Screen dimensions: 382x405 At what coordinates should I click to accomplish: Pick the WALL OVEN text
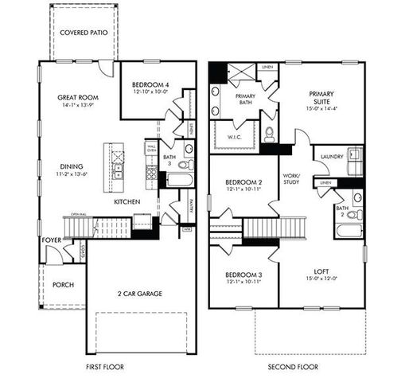[x=151, y=148]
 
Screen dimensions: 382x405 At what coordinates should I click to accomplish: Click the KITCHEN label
[x=127, y=202]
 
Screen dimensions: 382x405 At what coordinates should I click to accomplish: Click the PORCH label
[x=63, y=285]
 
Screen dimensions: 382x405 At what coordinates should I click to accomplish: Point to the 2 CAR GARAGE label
[x=141, y=294]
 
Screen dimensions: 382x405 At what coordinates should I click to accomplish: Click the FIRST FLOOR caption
[x=106, y=367]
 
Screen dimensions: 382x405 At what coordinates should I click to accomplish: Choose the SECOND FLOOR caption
[x=293, y=367]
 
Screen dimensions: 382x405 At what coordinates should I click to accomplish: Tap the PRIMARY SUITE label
[x=323, y=98]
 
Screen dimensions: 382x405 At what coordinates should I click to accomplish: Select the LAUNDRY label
[x=331, y=157]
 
